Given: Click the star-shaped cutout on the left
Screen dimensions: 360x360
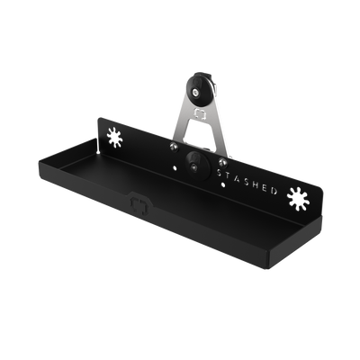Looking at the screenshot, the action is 114,138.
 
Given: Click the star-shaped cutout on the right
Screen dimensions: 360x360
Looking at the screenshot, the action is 298,199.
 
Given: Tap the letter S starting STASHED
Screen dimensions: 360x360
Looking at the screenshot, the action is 219,173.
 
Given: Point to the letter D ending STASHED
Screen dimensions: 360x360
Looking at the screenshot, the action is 274,190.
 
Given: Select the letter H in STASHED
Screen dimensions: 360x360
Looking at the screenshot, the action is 255,184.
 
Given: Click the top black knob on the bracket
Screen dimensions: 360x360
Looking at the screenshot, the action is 199,88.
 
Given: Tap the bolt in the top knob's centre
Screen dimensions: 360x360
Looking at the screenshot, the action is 195,93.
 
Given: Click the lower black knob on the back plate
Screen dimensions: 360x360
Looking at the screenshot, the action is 197,166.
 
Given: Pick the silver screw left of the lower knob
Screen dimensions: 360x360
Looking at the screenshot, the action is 174,147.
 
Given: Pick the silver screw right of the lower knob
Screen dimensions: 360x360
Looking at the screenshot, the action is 222,162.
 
